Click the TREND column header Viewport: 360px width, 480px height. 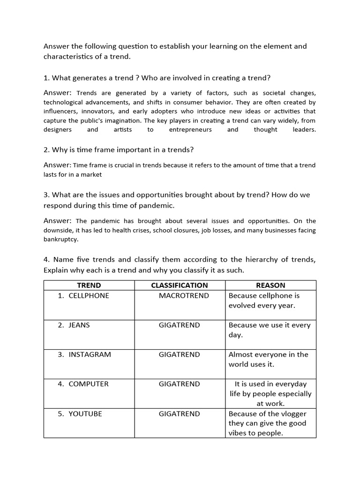89,285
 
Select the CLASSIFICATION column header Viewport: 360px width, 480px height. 179,285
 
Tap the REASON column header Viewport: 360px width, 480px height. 270,285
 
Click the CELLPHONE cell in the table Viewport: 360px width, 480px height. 89,296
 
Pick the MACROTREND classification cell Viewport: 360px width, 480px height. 184,296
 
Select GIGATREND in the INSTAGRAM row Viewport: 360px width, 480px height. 179,354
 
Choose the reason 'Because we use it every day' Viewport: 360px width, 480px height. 270,330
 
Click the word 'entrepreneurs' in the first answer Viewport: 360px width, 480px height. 190,130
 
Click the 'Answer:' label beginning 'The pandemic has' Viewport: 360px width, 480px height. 57,221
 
